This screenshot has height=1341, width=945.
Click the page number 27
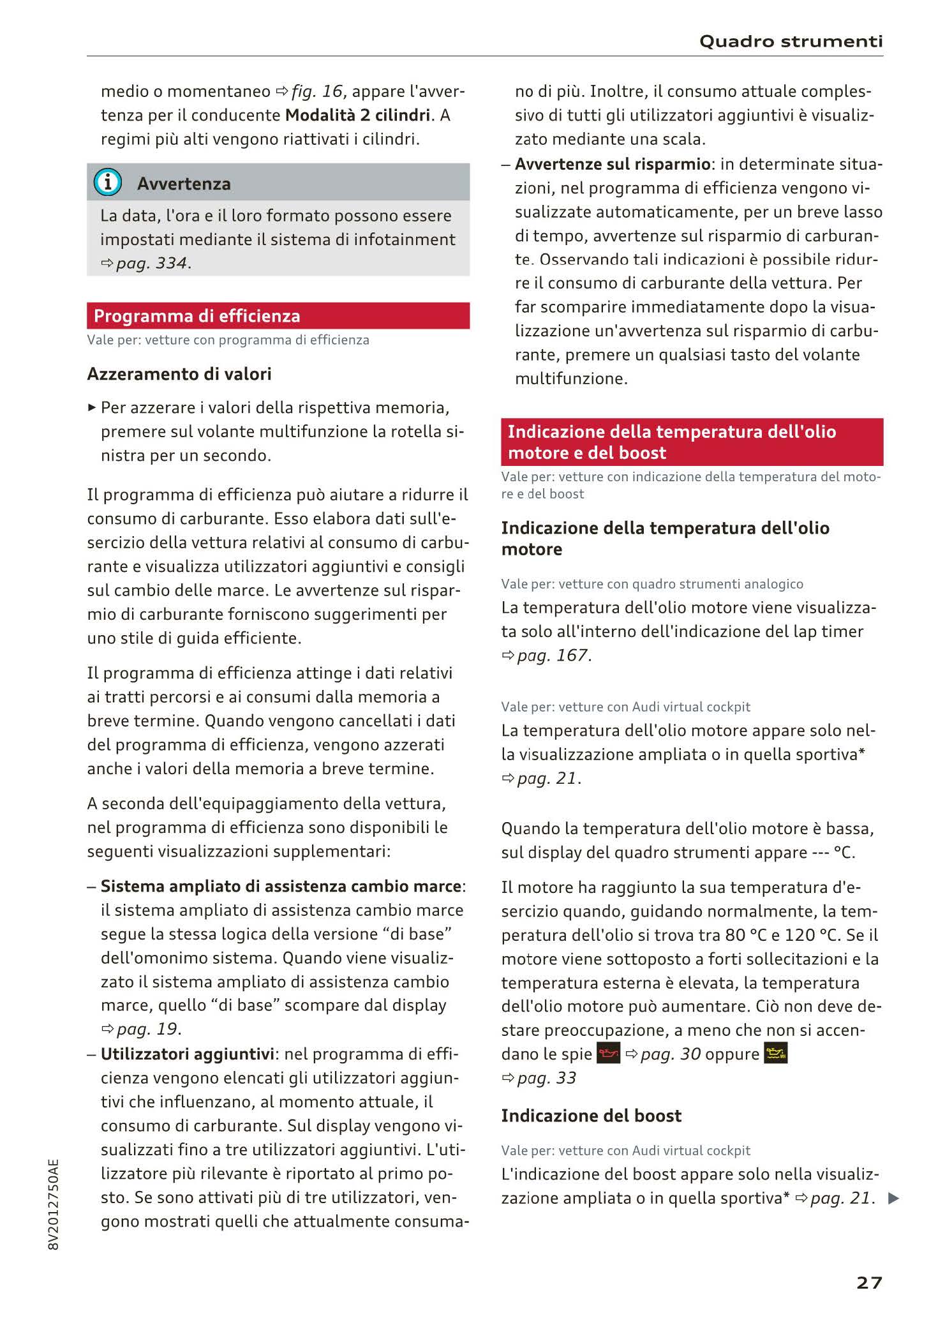869,1282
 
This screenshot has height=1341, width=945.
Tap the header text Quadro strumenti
791,41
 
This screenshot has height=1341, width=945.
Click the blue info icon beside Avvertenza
107,183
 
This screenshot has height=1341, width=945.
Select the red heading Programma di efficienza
197,316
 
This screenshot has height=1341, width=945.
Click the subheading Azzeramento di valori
179,374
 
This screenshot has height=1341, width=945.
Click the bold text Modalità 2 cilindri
357,115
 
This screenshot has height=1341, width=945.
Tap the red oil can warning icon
608,1054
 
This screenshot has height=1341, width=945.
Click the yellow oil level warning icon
775,1054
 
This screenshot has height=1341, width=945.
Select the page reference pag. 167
553,656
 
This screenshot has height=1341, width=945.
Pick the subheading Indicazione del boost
591,1116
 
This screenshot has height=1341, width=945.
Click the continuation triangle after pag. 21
893,1199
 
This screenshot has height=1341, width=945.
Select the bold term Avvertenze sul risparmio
613,164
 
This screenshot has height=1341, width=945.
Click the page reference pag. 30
670,1054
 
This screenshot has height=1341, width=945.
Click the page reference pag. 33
546,1078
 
